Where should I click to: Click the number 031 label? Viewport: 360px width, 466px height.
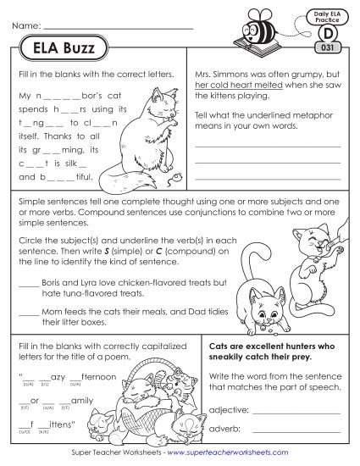coord(328,47)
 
